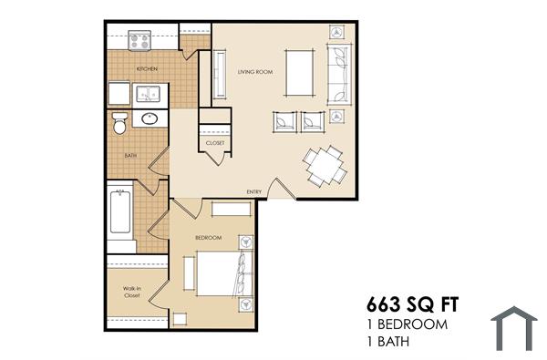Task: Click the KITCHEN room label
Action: pos(148,69)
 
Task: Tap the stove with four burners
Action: pos(139,40)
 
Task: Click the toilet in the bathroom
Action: pos(119,123)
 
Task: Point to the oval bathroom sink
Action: pos(150,119)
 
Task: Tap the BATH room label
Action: pos(130,156)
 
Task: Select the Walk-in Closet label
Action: pos(132,293)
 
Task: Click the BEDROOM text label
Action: pos(209,238)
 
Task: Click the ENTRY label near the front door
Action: pos(254,191)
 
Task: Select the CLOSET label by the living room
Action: pos(215,143)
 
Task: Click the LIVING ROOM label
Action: pos(255,71)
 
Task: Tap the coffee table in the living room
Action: pos(300,72)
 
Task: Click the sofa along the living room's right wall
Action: pos(338,72)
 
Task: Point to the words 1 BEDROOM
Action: pos(407,324)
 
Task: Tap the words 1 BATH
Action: pos(389,343)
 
